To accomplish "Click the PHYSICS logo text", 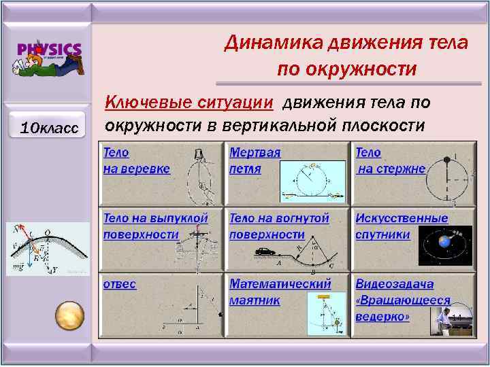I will [x=49, y=50].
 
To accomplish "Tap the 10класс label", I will [x=49, y=127].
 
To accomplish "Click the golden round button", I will [x=69, y=315].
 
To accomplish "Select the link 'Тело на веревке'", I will [x=136, y=161].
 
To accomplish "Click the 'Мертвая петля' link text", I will [x=255, y=161].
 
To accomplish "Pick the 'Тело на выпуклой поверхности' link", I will [x=155, y=226].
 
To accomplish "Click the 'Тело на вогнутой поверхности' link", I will [x=279, y=226].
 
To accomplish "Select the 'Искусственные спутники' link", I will [x=402, y=226].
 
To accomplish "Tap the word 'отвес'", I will [x=120, y=285].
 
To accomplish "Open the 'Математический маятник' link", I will [x=280, y=292].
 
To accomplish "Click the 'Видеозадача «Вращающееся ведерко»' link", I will [x=402, y=300].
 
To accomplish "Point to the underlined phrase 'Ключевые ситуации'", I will [x=189, y=103].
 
